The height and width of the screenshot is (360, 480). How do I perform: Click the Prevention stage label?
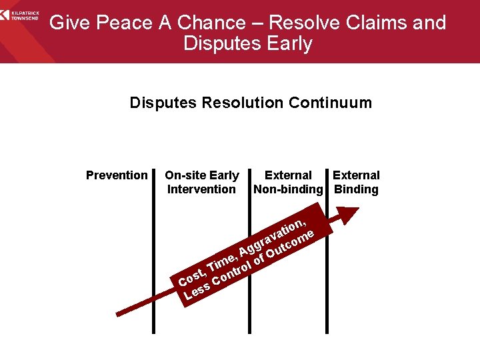point(117,175)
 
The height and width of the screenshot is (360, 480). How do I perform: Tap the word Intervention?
point(201,189)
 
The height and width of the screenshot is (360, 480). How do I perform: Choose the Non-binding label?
point(288,189)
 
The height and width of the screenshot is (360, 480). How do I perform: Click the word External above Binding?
point(356,175)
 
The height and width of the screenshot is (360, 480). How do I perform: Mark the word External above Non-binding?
point(288,175)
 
